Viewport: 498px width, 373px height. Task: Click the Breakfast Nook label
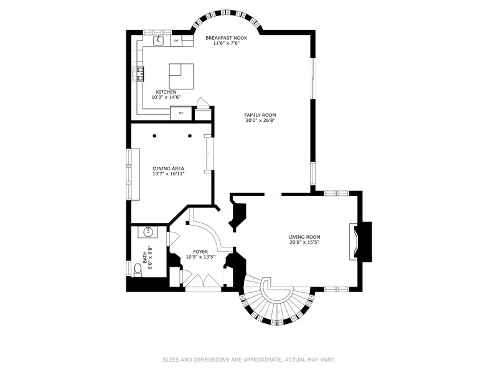click(226, 38)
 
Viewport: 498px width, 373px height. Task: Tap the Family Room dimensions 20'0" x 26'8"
click(260, 121)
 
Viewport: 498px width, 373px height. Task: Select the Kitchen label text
click(166, 92)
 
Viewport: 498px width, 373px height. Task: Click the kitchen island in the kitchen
click(181, 76)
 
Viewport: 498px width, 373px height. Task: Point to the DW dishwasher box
click(176, 40)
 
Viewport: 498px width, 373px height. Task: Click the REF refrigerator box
click(181, 113)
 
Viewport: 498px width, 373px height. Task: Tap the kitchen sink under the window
click(158, 40)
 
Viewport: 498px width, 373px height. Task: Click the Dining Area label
click(168, 168)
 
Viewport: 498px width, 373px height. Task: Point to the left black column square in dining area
click(154, 136)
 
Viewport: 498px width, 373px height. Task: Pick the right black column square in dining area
click(190, 136)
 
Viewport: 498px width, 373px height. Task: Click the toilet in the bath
click(138, 270)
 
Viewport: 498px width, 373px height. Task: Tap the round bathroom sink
click(148, 232)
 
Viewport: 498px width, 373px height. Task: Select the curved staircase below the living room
click(277, 302)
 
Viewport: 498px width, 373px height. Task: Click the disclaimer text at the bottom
click(249, 360)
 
